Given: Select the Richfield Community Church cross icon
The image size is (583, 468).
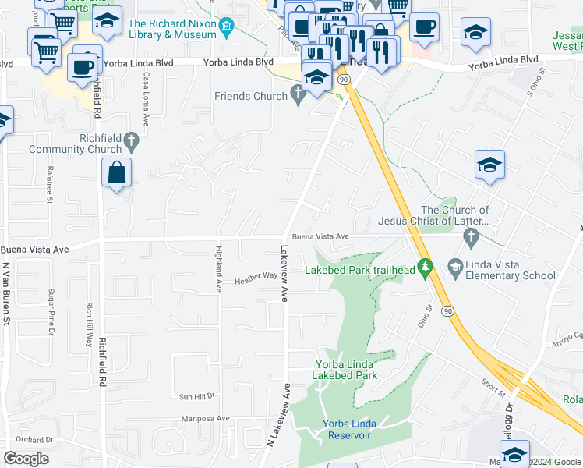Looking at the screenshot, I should click(x=132, y=144).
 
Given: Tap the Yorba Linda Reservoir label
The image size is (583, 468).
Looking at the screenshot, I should click(x=348, y=429).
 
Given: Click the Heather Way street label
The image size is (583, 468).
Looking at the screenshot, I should click(x=256, y=276).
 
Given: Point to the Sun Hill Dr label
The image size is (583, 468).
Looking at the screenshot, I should click(x=196, y=396).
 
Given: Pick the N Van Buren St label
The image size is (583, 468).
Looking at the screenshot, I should click(x=5, y=292).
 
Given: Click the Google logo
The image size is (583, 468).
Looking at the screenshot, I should click(x=26, y=459).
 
